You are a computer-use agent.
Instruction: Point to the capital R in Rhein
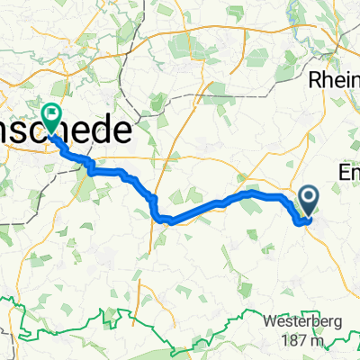[x=315, y=79]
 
